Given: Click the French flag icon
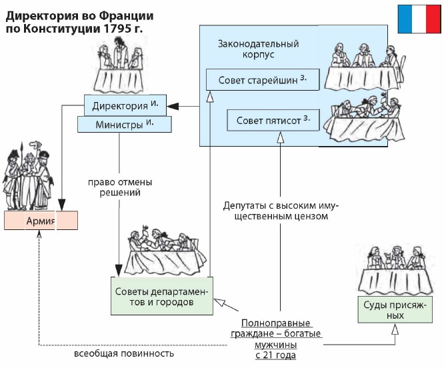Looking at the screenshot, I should (x=421, y=19).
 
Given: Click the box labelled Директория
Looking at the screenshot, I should (x=125, y=105).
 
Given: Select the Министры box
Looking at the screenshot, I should (x=125, y=124).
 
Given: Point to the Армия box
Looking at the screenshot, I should (x=41, y=221).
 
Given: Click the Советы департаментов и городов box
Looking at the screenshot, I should (x=161, y=297).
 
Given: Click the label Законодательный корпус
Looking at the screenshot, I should (x=258, y=49).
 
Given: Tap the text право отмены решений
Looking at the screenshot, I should (x=121, y=186).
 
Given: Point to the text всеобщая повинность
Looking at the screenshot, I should (x=124, y=353).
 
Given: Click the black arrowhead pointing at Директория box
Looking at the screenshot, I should (x=171, y=105).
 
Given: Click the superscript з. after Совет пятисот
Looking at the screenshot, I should (x=307, y=119).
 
